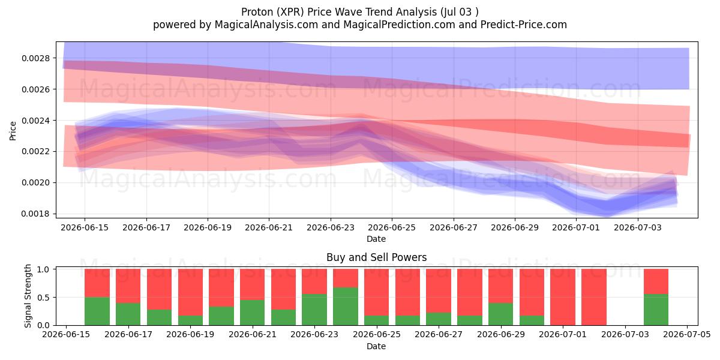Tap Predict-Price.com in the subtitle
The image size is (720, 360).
coord(524,25)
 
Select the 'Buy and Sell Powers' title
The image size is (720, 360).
coord(376,257)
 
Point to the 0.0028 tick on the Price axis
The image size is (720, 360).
coord(35,58)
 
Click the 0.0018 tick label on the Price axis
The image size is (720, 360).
coord(35,214)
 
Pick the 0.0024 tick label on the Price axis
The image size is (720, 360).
coord(35,121)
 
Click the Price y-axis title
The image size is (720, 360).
coord(13,131)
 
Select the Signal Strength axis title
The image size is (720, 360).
coord(28,296)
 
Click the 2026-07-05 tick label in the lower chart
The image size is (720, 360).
coord(687,335)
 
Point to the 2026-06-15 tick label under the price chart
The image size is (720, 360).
coord(85,227)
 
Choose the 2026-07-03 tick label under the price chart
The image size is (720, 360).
coord(638,227)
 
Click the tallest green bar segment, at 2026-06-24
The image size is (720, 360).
coord(346,307)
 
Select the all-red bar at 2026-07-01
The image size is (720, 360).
coord(563,297)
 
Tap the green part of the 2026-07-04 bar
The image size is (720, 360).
coord(656,310)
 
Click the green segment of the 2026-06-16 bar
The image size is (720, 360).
coord(97,311)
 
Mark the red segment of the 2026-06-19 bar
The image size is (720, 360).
coord(190,292)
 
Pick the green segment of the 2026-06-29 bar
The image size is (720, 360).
coord(501,314)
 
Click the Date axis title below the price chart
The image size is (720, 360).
coord(376,239)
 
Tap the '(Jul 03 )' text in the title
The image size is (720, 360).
coord(460,12)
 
